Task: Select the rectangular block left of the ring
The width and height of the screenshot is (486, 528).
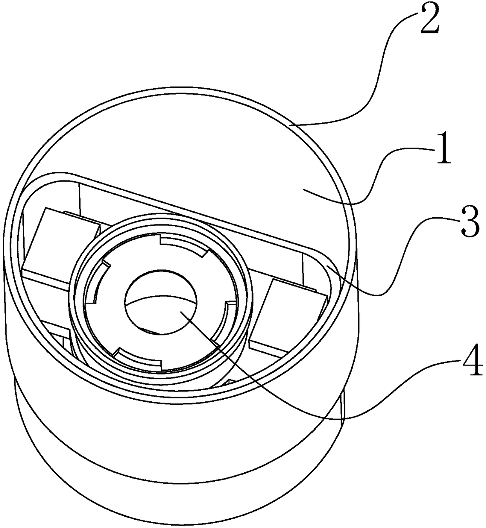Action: (59, 243)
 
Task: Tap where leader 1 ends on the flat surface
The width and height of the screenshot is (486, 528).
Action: (304, 190)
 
